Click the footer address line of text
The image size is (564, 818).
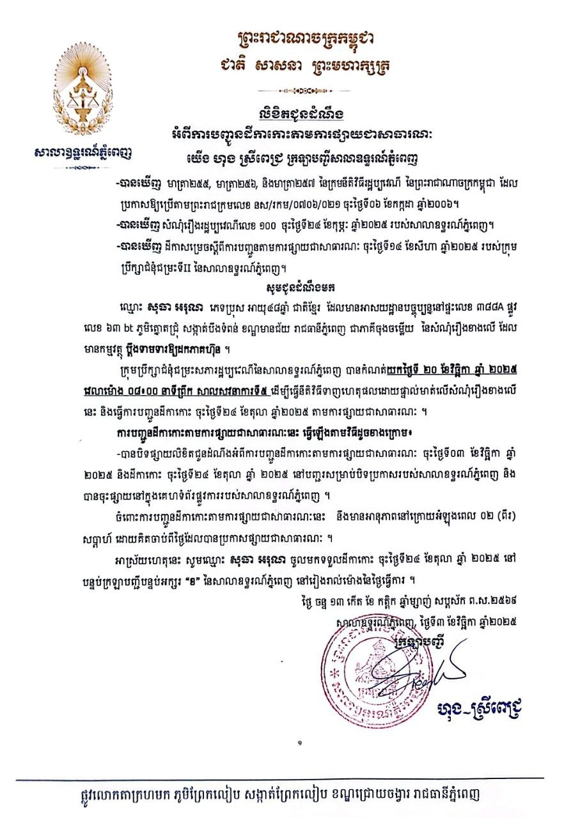(x=287, y=794)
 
